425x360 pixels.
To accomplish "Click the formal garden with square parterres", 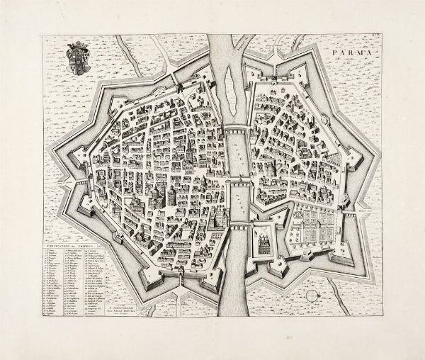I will click(316, 230).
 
